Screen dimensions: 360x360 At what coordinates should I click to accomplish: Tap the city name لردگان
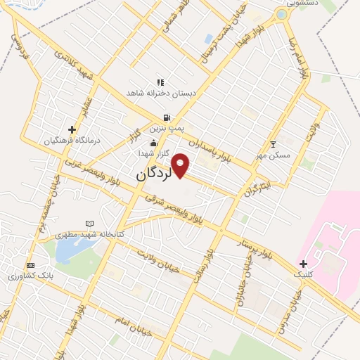click(x=152, y=172)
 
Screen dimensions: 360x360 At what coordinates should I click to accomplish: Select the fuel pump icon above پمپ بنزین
click(x=166, y=117)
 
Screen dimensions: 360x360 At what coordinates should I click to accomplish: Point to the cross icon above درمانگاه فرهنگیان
click(x=72, y=129)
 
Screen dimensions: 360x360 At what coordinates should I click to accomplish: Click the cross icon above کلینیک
click(x=303, y=263)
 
